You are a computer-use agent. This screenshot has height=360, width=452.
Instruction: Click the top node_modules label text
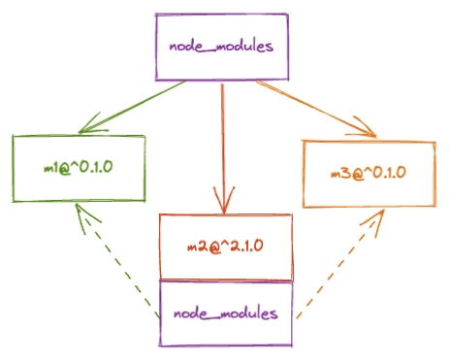coord(221,47)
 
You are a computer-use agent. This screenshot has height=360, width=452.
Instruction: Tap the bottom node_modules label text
coord(226,313)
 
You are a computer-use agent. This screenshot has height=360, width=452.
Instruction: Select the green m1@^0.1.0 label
coord(79,168)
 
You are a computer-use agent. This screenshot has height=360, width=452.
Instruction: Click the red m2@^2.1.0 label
coord(225,246)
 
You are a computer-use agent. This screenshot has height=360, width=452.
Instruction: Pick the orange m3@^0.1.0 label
coord(369,173)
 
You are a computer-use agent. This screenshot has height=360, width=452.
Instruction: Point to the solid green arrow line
coord(132,107)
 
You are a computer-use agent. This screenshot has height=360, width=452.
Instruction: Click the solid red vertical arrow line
coord(223,148)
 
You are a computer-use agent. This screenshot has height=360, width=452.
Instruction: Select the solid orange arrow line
coord(316,109)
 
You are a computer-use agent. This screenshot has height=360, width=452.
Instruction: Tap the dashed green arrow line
coord(117,260)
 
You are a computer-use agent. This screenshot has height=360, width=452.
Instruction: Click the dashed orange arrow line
coord(340,264)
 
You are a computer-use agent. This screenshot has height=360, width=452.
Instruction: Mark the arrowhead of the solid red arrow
coord(224,201)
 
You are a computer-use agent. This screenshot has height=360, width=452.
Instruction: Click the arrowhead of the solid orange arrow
coord(364,128)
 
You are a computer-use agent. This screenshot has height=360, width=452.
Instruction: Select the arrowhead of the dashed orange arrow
coord(375,222)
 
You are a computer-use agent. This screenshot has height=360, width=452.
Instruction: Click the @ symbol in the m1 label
coord(65,169)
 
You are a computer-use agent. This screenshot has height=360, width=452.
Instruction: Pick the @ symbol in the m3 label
coord(358,174)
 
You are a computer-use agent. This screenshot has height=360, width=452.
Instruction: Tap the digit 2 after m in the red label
coord(205,246)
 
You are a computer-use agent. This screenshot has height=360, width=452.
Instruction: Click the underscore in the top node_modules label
coord(210,51)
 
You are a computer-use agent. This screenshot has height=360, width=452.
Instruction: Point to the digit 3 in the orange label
coord(345,173)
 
